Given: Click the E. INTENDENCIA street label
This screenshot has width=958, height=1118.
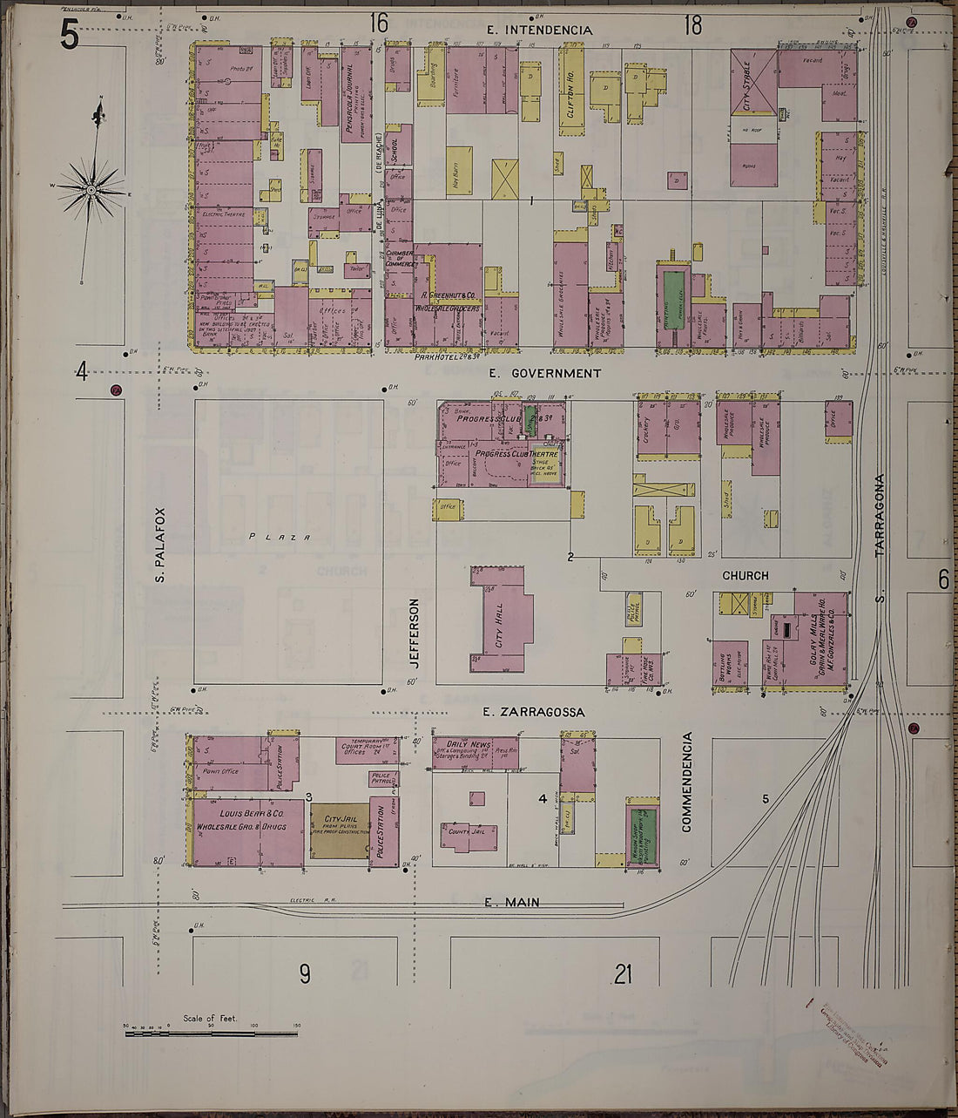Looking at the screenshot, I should [539, 30].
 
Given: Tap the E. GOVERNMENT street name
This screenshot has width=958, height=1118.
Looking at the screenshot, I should [544, 373].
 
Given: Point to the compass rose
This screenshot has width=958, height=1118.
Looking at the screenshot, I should [91, 189].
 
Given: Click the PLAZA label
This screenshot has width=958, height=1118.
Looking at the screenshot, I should [280, 537].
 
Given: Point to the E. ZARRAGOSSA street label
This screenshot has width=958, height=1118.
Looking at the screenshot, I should [535, 712].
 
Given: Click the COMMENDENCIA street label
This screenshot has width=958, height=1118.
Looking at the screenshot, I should [686, 782].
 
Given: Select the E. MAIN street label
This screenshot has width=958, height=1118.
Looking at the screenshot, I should [511, 902].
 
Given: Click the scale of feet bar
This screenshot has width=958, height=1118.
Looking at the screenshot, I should [213, 1033].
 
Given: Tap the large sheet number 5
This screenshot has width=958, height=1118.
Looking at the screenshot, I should [70, 37].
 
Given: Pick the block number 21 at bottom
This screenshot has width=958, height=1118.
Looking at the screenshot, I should [622, 974].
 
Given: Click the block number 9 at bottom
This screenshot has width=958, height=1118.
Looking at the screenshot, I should [305, 973].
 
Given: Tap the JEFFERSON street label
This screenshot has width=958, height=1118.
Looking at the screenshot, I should [415, 633].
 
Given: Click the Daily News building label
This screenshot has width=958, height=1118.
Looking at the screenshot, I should [470, 744].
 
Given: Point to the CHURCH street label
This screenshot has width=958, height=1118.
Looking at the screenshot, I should [745, 575].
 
